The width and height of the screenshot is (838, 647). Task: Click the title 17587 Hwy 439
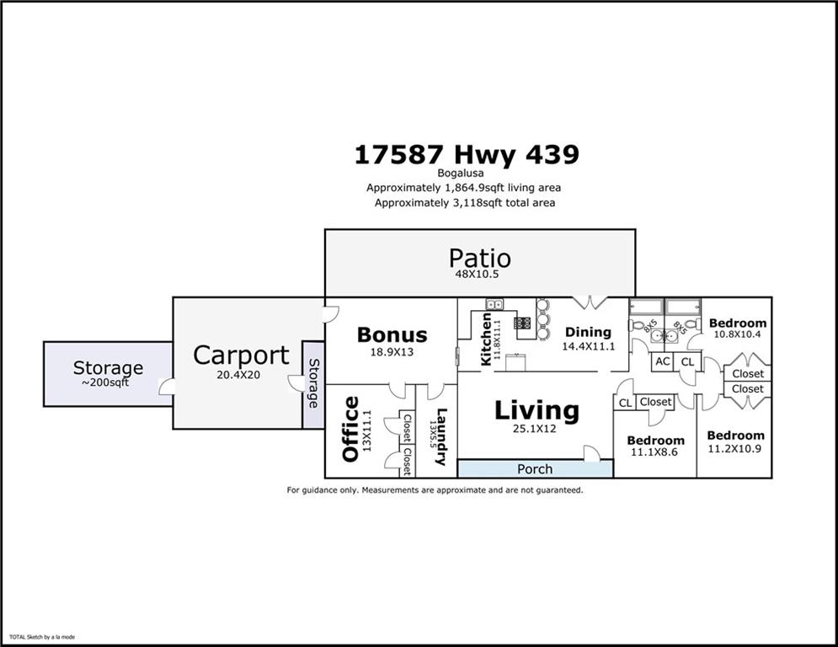pyautogui.click(x=466, y=155)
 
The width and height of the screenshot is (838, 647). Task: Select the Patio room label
pyautogui.click(x=479, y=258)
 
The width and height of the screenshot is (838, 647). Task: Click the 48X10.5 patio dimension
pyautogui.click(x=479, y=274)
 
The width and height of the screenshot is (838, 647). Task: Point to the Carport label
pyautogui.click(x=241, y=356)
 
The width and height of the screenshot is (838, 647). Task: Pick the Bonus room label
pyautogui.click(x=392, y=334)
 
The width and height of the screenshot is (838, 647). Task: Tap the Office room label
pyautogui.click(x=350, y=430)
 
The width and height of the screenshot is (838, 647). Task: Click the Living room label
pyautogui.click(x=536, y=411)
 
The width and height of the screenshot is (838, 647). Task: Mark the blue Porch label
pyautogui.click(x=535, y=469)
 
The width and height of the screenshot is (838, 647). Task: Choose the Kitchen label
pyautogui.click(x=486, y=339)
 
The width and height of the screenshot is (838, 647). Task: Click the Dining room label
pyautogui.click(x=588, y=332)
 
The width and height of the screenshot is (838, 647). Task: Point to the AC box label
pyautogui.click(x=662, y=361)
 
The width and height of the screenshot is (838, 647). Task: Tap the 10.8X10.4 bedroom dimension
pyautogui.click(x=738, y=334)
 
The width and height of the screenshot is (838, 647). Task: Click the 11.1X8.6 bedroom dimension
pyautogui.click(x=655, y=452)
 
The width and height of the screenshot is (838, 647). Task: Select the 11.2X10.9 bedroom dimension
pyautogui.click(x=735, y=448)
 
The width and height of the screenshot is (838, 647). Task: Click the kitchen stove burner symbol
pyautogui.click(x=521, y=322)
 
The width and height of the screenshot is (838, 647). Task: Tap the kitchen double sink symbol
pyautogui.click(x=494, y=304)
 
